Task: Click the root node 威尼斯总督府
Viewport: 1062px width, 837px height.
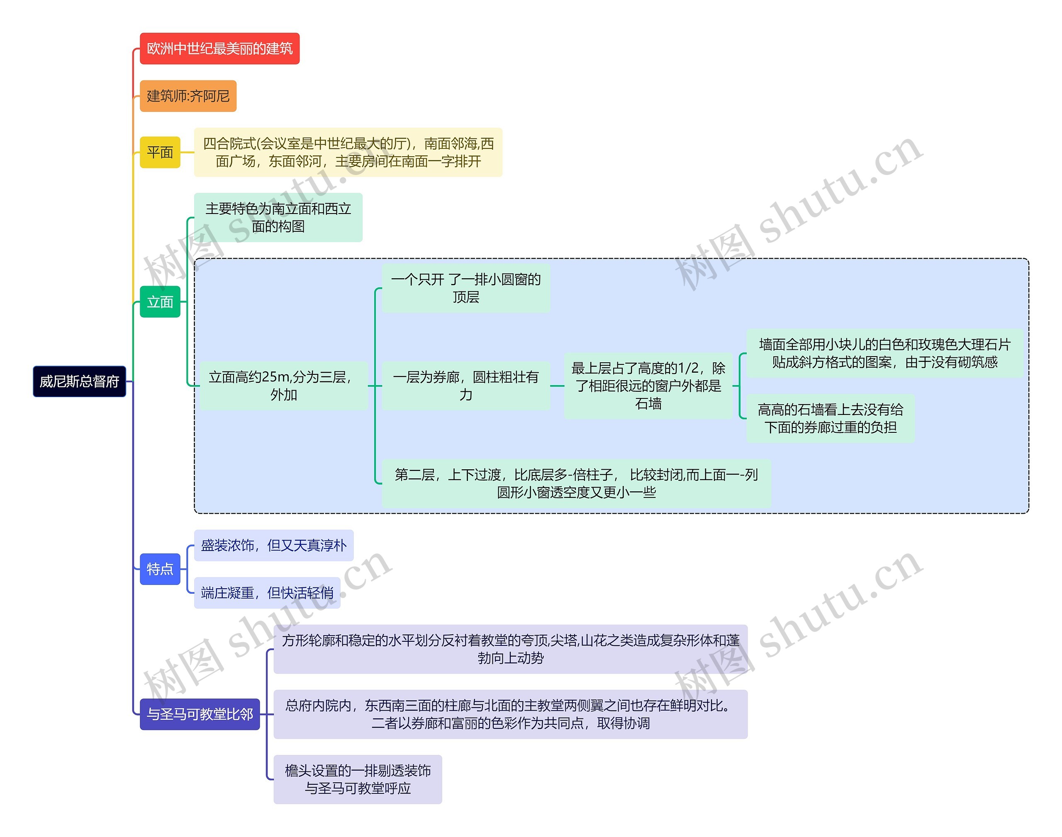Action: (x=79, y=381)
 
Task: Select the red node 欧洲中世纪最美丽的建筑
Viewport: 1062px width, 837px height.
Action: (x=219, y=49)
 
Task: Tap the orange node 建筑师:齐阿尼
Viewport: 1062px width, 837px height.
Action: (x=188, y=96)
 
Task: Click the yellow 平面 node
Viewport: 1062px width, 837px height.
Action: (x=160, y=153)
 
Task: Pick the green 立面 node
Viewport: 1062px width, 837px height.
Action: (x=160, y=302)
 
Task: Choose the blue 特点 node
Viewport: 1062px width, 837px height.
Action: (x=160, y=569)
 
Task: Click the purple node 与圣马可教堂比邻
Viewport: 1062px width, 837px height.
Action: (x=200, y=714)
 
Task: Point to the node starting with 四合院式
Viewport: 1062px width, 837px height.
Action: (x=348, y=153)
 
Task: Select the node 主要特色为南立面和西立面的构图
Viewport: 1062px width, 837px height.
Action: (x=278, y=218)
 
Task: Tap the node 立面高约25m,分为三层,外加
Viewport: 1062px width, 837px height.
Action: (x=283, y=386)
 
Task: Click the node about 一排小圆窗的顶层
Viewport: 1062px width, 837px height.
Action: (x=466, y=288)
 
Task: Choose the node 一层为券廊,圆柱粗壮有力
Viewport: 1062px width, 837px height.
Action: (x=466, y=386)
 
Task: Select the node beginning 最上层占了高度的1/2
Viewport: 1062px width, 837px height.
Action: (x=648, y=386)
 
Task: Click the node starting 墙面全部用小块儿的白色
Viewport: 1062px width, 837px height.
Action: (x=884, y=353)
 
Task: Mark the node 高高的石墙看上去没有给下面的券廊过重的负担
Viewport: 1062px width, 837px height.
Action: (x=830, y=419)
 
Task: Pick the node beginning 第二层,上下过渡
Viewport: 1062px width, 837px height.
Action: (x=576, y=483)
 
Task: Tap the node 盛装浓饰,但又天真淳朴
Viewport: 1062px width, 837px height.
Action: (x=274, y=546)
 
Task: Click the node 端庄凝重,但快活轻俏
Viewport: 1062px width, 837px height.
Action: (x=267, y=593)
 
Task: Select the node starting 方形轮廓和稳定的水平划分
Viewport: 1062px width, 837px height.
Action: (x=510, y=649)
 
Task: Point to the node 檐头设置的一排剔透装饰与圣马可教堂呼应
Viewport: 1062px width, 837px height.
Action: (x=358, y=779)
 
